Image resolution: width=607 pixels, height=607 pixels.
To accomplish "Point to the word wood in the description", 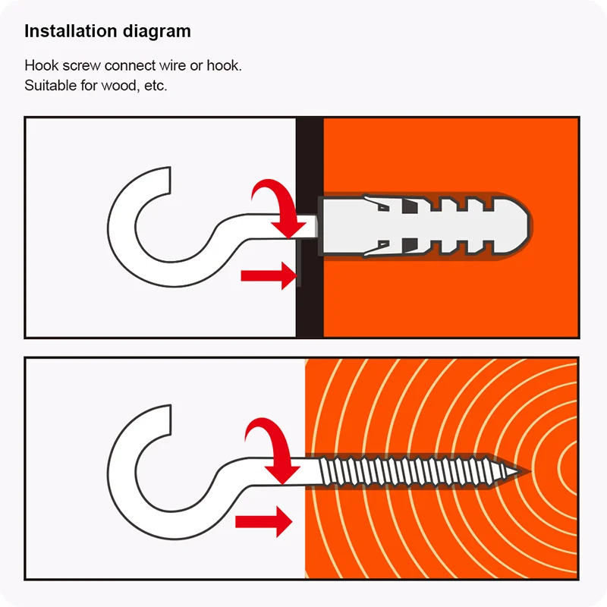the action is (119, 86).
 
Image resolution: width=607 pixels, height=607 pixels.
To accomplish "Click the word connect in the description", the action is (130, 66).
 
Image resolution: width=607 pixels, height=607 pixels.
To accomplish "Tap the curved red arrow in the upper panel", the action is (278, 207).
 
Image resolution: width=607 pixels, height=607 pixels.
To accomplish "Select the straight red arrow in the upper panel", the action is (269, 275).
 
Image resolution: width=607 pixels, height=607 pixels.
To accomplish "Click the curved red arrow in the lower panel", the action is (272, 449).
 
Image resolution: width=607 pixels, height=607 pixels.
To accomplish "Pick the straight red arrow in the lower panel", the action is (263, 522).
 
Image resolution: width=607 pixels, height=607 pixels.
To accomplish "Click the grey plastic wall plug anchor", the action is (423, 225).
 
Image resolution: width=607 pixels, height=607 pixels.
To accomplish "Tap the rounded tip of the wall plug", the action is (528, 225).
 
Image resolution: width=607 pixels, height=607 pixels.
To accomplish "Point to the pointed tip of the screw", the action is (518, 471).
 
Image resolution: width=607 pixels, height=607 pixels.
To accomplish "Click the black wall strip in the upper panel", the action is (310, 228).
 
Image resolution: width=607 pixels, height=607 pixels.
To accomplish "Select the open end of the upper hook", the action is (169, 181).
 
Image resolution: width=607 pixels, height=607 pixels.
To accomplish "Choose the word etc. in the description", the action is (156, 86).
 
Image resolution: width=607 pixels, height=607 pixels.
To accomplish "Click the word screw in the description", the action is (82, 66).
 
